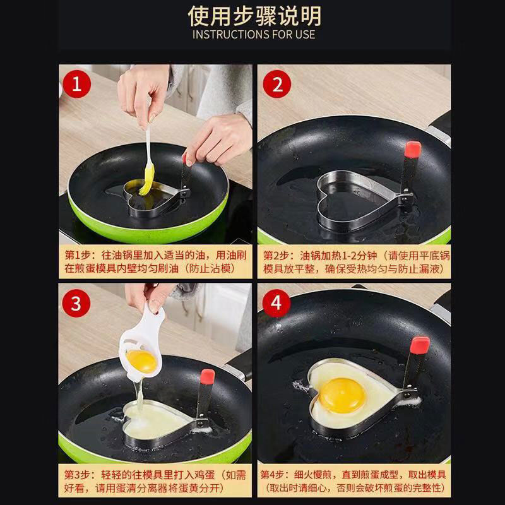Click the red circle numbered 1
click(x=76, y=84)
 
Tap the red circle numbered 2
click(x=277, y=84)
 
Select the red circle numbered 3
click(x=76, y=304)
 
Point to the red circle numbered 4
click(x=276, y=304)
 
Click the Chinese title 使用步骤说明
click(x=254, y=16)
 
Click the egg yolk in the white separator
click(x=141, y=361)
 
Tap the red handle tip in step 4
click(x=420, y=345)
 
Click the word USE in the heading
click(x=305, y=35)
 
